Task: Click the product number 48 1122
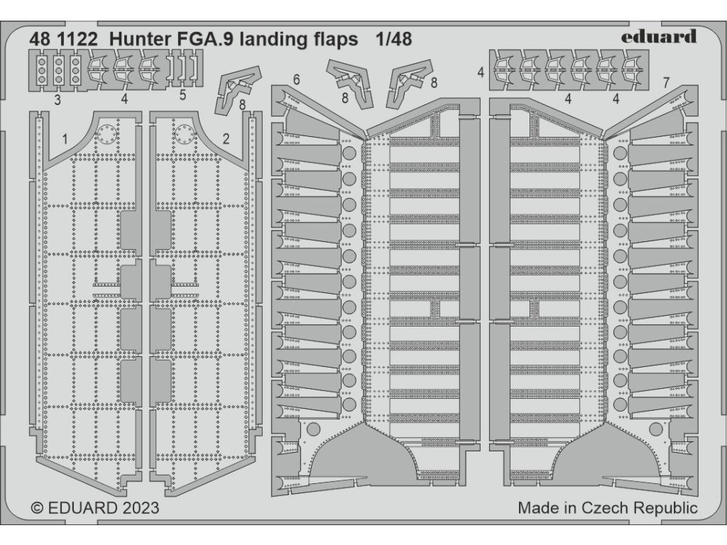point(62,39)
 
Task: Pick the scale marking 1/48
point(393,39)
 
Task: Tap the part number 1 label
point(65,140)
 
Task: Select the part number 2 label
point(226,140)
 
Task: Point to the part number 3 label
point(56,100)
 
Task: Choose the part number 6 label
point(296,79)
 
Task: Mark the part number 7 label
point(665,83)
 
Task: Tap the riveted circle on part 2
point(183,133)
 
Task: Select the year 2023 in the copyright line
point(135,508)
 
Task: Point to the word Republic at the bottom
point(665,509)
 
